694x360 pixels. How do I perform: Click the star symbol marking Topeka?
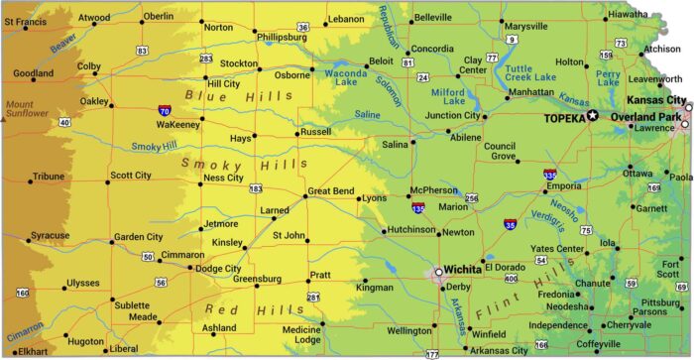tap(593, 116)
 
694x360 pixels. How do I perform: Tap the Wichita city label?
tap(463, 269)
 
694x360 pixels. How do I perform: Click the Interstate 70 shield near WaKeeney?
tap(163, 112)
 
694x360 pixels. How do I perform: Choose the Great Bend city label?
tap(330, 189)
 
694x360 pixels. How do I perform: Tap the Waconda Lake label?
tap(346, 78)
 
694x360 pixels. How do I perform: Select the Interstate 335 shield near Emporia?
tap(550, 175)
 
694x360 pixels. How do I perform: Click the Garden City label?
tap(138, 237)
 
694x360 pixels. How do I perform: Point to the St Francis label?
tap(24, 22)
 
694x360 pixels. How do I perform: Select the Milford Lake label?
tap(454, 96)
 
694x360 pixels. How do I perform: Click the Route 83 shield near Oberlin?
tap(144, 49)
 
